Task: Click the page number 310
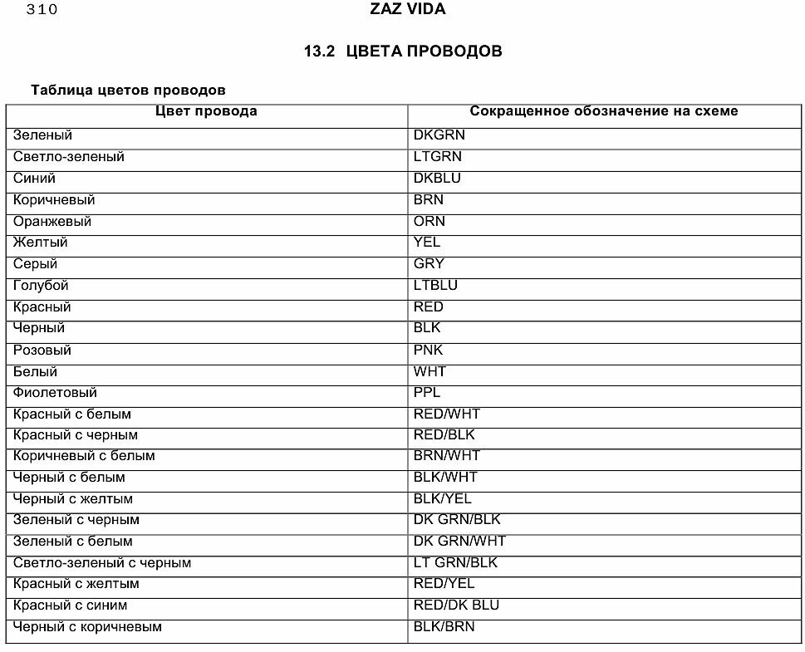(x=42, y=11)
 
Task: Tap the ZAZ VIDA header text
(x=408, y=10)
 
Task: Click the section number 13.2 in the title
(x=318, y=51)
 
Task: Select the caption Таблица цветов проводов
(x=128, y=90)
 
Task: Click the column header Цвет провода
(x=207, y=111)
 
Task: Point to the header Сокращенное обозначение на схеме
(x=603, y=111)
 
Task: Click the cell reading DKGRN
(x=439, y=135)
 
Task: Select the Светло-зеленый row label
(x=69, y=156)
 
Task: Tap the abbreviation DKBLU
(x=437, y=178)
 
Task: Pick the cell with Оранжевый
(x=52, y=221)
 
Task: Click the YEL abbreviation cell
(x=427, y=243)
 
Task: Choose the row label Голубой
(x=41, y=286)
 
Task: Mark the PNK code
(x=429, y=350)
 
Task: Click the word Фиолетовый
(x=55, y=392)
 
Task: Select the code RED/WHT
(x=447, y=414)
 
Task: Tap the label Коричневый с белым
(x=84, y=455)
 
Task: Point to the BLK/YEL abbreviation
(x=443, y=498)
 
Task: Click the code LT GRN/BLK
(x=455, y=562)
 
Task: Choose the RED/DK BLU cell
(x=456, y=605)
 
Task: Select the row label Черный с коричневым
(x=87, y=626)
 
